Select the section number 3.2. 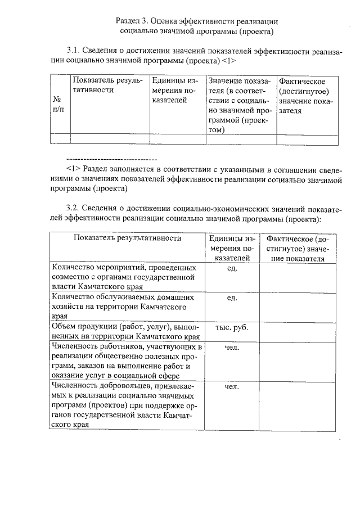(74, 209)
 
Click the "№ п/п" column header (57, 103)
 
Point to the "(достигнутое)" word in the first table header (304, 92)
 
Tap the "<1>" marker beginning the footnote (74, 169)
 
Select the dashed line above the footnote (111, 159)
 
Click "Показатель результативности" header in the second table (127, 238)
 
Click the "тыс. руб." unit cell (232, 327)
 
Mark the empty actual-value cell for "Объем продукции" (298, 331)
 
